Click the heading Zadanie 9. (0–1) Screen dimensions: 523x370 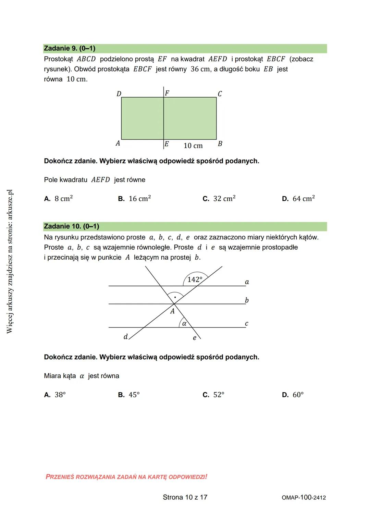[70, 48]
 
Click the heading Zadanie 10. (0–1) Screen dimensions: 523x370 [71, 226]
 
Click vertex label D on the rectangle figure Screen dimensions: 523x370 [119, 94]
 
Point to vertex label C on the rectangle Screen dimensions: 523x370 [220, 94]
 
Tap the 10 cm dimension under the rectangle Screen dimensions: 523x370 [193, 146]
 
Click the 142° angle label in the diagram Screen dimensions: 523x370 [195, 279]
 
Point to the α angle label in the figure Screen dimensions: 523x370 [184, 323]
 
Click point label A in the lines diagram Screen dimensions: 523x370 [172, 311]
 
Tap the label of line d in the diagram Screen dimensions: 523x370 [125, 337]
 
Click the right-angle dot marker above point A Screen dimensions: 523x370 [175, 297]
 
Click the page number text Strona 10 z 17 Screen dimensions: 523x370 [185, 497]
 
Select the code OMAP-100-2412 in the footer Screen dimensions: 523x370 [304, 498]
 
